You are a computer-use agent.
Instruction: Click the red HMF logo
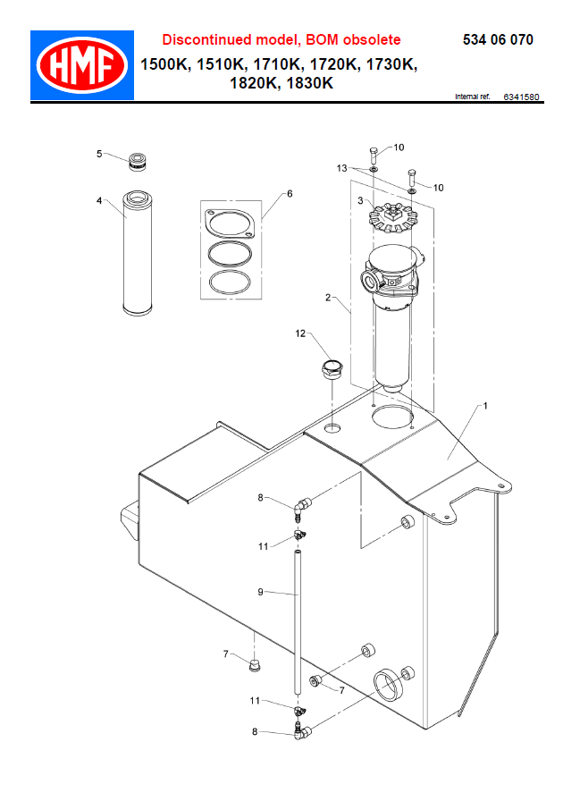tap(81, 65)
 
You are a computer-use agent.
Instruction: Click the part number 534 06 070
tap(498, 40)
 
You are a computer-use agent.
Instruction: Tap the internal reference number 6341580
tap(521, 97)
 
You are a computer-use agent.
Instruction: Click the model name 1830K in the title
tap(307, 83)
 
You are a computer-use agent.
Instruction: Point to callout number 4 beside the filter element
tap(99, 201)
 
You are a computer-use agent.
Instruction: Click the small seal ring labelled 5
tap(136, 162)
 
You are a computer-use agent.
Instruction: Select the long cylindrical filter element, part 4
tap(139, 252)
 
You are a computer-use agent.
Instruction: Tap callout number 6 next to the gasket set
tap(290, 194)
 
